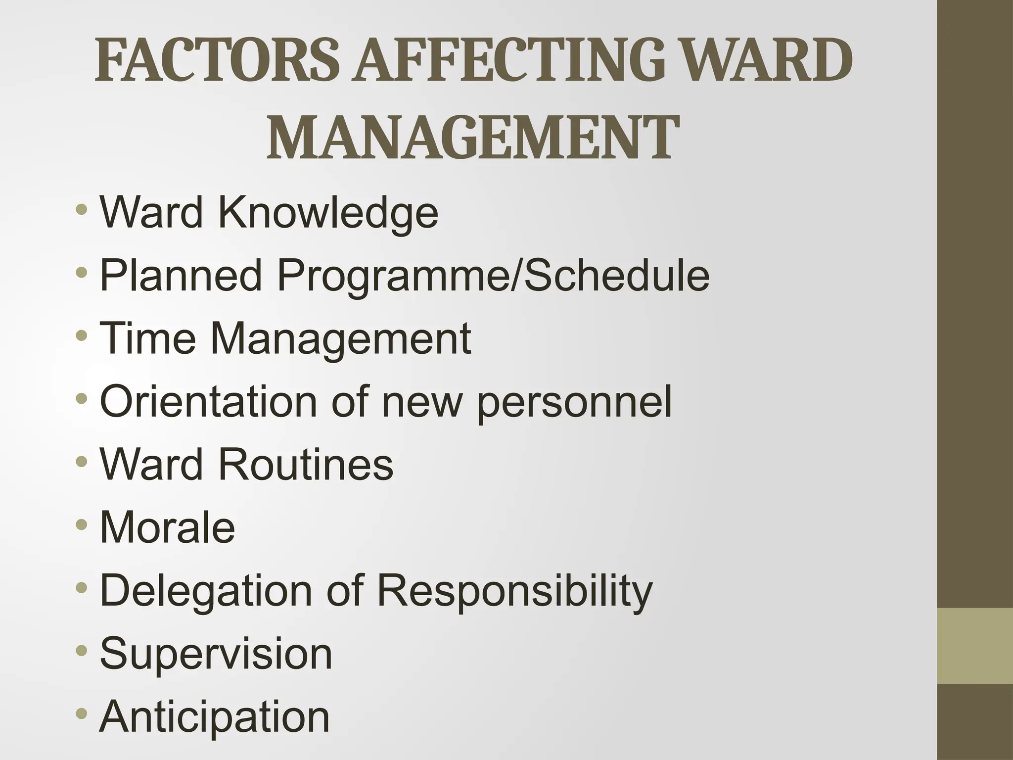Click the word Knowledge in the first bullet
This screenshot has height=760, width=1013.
coord(328,213)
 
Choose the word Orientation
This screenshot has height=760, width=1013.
coord(208,401)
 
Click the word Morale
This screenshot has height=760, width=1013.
coord(167,527)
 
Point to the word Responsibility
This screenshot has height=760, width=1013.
coord(515,591)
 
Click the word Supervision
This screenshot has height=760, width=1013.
coord(216,654)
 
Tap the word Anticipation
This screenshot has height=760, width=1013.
coord(215,717)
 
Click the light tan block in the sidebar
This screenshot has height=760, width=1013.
coord(975,645)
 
